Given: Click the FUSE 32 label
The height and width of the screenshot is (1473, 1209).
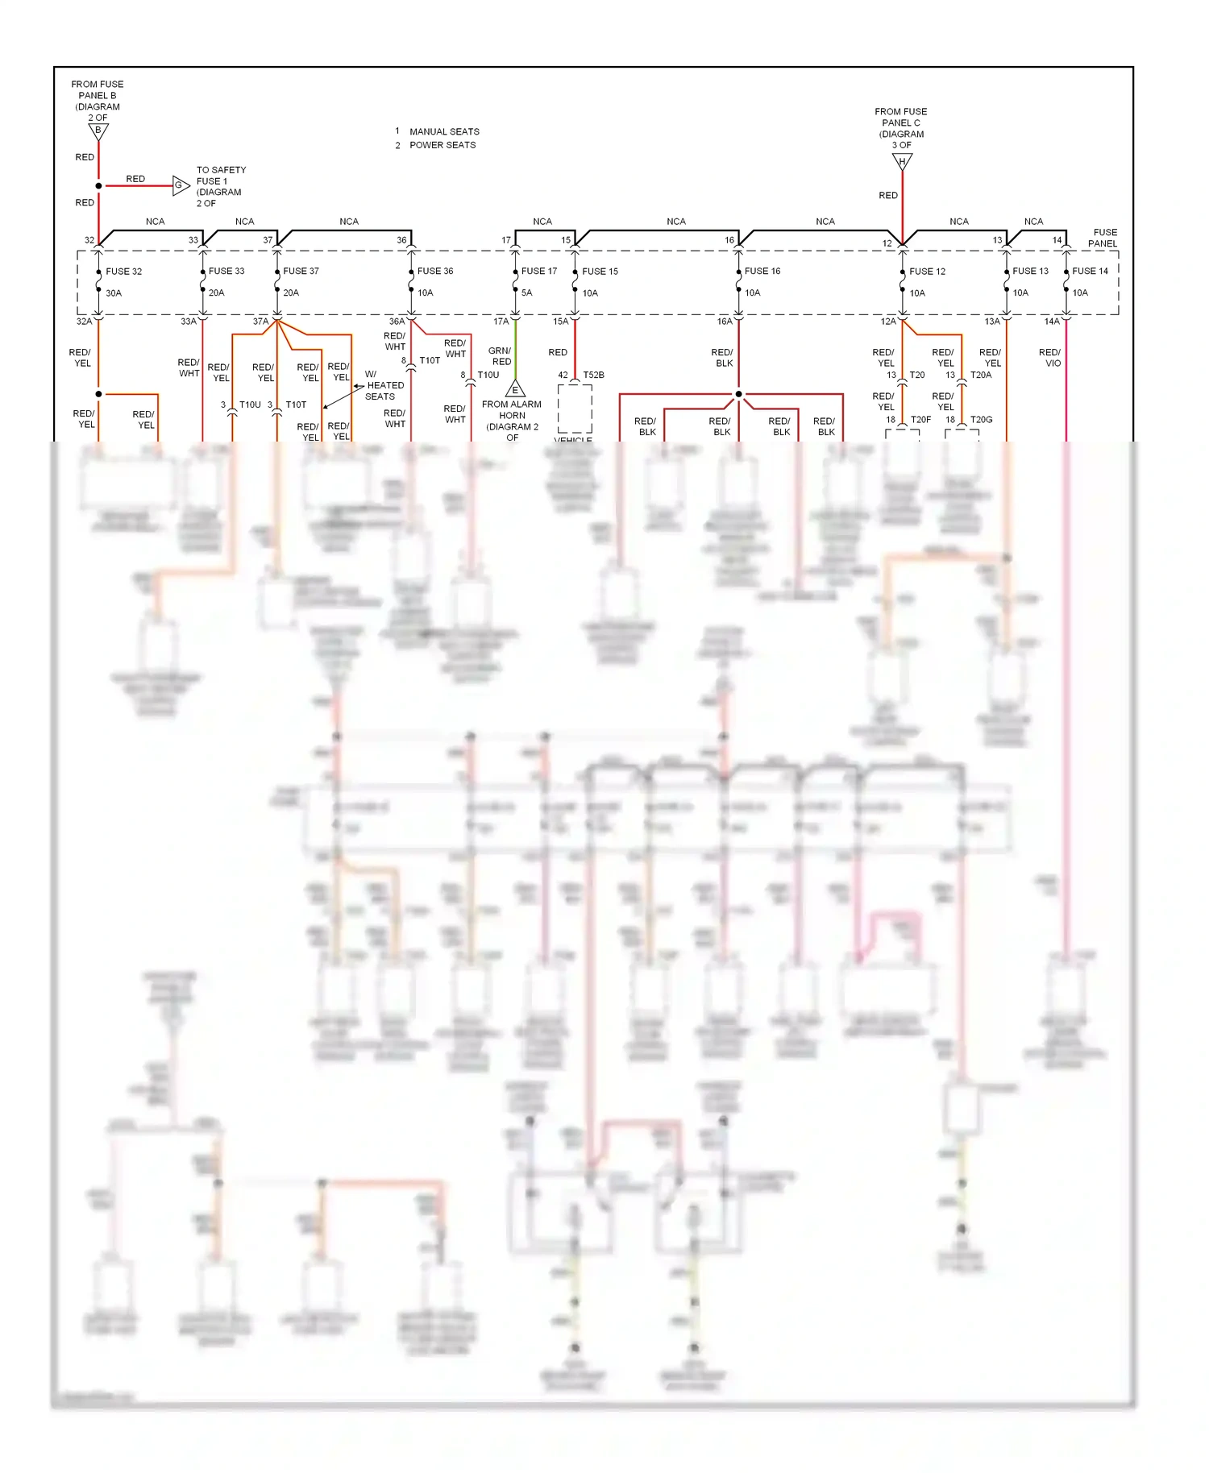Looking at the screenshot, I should click(123, 272).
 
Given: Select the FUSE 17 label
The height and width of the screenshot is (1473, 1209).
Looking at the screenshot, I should click(538, 272).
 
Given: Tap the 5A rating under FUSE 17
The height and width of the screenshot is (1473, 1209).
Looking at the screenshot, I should click(526, 293).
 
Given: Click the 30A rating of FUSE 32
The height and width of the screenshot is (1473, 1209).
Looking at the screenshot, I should click(114, 293).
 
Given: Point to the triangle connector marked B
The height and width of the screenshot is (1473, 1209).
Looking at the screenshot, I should click(98, 131).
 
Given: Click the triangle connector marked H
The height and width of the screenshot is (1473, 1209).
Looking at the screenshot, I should click(902, 162).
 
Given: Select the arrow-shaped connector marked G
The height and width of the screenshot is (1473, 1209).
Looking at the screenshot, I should click(181, 185).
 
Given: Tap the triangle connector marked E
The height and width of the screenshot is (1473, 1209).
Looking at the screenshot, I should click(515, 390).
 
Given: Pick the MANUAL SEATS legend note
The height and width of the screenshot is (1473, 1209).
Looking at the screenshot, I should click(443, 131).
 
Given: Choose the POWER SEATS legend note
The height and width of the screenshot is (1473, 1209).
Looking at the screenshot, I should click(442, 145).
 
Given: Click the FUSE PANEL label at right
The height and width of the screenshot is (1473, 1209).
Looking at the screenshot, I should click(1103, 238).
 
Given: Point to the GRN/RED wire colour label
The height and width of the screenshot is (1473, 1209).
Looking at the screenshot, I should click(501, 356).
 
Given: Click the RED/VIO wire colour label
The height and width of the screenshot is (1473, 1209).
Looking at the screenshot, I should click(1050, 358).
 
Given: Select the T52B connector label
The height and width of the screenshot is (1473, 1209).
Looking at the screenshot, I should click(593, 376).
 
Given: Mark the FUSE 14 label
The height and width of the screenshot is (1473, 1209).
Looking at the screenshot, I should click(1090, 272).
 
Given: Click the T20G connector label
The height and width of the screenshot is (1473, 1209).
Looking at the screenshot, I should click(981, 420).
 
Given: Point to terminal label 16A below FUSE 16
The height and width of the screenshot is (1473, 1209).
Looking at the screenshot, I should click(725, 322).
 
